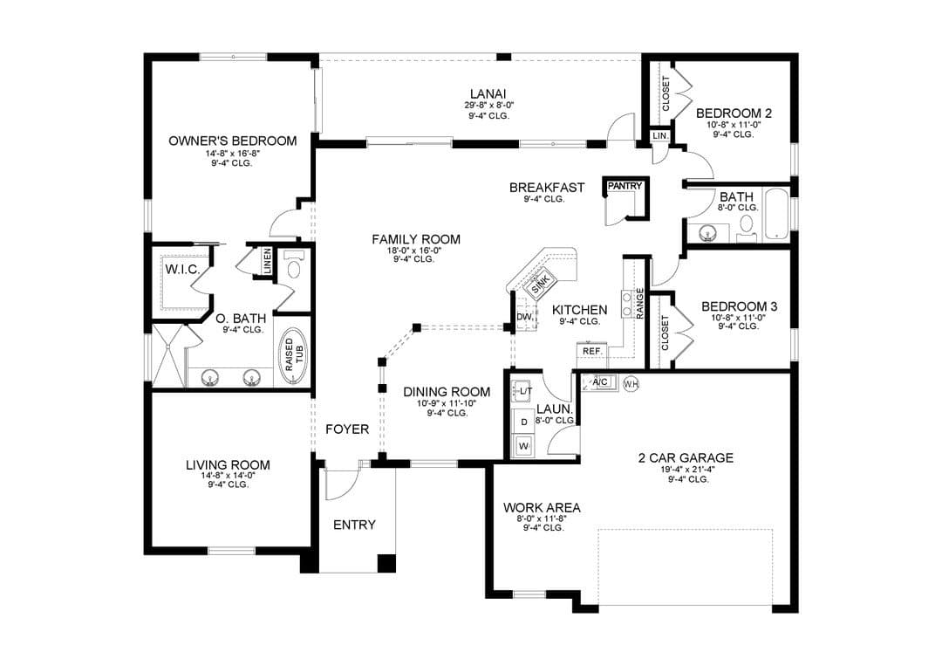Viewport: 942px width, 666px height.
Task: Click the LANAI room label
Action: [x=488, y=93]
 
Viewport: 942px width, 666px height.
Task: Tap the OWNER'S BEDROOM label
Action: [x=233, y=141]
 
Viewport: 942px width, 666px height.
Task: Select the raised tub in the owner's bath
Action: [x=293, y=356]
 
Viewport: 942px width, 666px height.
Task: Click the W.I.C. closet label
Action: [x=182, y=270]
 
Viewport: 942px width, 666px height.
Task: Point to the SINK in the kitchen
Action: [x=540, y=283]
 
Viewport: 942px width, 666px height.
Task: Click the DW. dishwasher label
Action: [x=524, y=317]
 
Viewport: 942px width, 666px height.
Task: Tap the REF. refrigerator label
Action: [x=592, y=350]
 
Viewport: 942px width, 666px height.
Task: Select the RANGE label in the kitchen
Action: [x=640, y=304]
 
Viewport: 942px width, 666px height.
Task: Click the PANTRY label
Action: [x=625, y=186]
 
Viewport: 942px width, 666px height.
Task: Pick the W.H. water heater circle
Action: [x=631, y=383]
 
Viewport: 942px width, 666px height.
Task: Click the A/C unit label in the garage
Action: [x=601, y=381]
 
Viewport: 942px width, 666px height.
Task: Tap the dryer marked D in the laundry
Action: [x=524, y=422]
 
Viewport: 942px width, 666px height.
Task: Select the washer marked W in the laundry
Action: [x=524, y=446]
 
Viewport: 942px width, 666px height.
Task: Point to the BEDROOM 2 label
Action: [x=734, y=113]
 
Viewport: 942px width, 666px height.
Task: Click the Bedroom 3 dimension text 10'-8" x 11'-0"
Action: [x=739, y=318]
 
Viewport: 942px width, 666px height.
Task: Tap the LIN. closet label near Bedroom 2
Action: [x=659, y=136]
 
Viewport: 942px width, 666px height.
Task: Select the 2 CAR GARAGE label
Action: [x=686, y=458]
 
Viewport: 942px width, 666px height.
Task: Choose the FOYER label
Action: [x=347, y=429]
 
